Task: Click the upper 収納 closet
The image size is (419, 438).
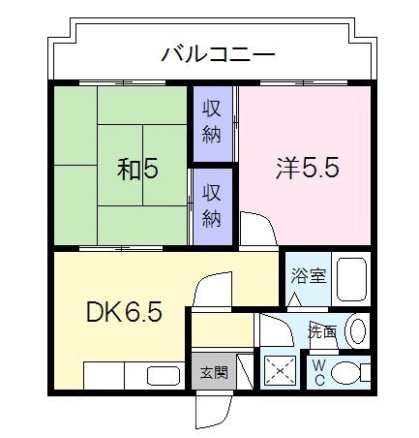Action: (212, 123)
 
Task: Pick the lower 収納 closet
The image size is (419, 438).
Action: (212, 205)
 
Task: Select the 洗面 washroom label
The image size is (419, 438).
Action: (322, 331)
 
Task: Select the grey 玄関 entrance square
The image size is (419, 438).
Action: (213, 372)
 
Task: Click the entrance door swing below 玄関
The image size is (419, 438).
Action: (210, 409)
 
